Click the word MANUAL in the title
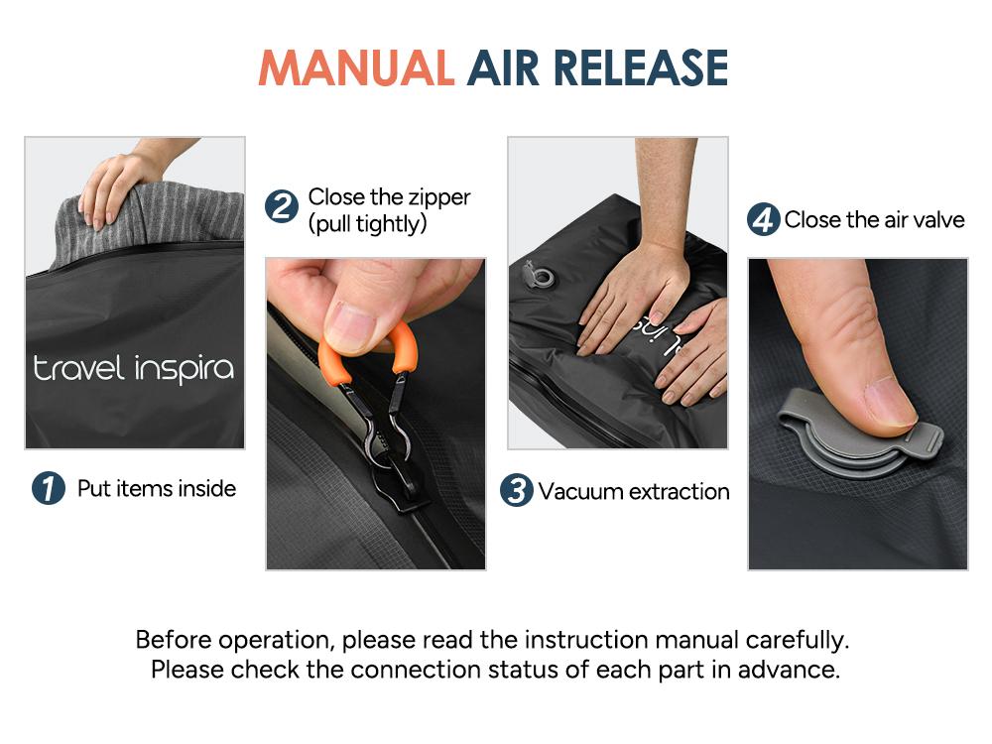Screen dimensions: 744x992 (356, 67)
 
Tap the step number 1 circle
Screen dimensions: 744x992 (48, 488)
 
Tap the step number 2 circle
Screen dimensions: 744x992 (282, 208)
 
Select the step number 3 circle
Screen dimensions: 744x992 (516, 490)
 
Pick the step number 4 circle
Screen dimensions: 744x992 (763, 219)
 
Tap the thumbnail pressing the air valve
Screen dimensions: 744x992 (890, 402)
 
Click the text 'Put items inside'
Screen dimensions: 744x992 (157, 488)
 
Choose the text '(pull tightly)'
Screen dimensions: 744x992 (367, 224)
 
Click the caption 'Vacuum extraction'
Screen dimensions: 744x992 (634, 491)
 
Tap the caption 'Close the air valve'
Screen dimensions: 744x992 (874, 219)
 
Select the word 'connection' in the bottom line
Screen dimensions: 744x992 (421, 670)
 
